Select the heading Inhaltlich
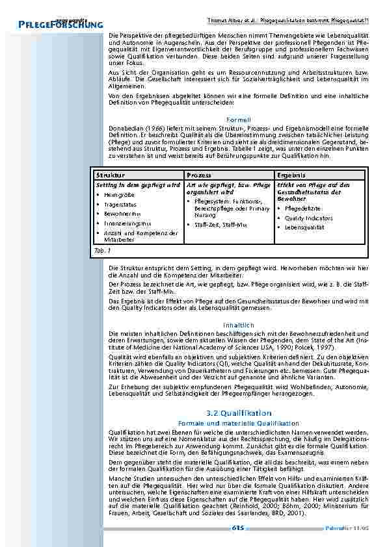click(239, 324)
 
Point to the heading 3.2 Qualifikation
click(239, 413)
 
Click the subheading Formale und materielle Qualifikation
click(239, 423)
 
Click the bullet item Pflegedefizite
click(302, 209)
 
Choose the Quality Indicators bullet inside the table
click(308, 218)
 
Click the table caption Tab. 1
click(103, 249)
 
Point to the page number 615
click(238, 528)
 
